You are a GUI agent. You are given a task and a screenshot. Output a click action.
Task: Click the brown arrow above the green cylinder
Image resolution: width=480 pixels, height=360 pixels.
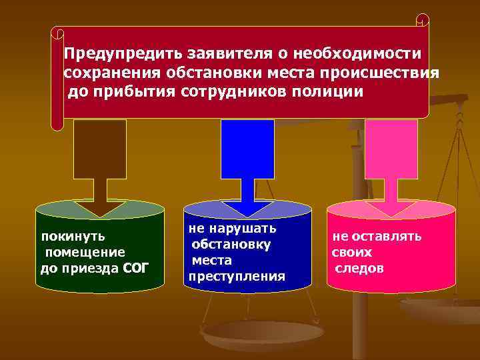point(100,167)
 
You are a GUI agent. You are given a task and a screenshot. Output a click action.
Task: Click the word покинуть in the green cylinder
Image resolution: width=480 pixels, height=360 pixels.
point(73,236)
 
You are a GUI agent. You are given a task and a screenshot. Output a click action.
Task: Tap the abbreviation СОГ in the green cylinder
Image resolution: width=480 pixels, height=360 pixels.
point(137,268)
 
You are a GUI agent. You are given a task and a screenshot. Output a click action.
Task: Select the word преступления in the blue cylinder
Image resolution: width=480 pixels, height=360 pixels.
point(237,276)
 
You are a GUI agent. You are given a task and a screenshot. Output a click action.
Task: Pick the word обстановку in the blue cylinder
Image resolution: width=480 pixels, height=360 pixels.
point(231,244)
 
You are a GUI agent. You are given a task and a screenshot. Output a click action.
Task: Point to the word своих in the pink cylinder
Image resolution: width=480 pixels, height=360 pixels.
point(351,253)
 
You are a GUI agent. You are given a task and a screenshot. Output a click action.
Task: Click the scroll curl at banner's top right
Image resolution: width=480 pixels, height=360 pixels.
point(422,20)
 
